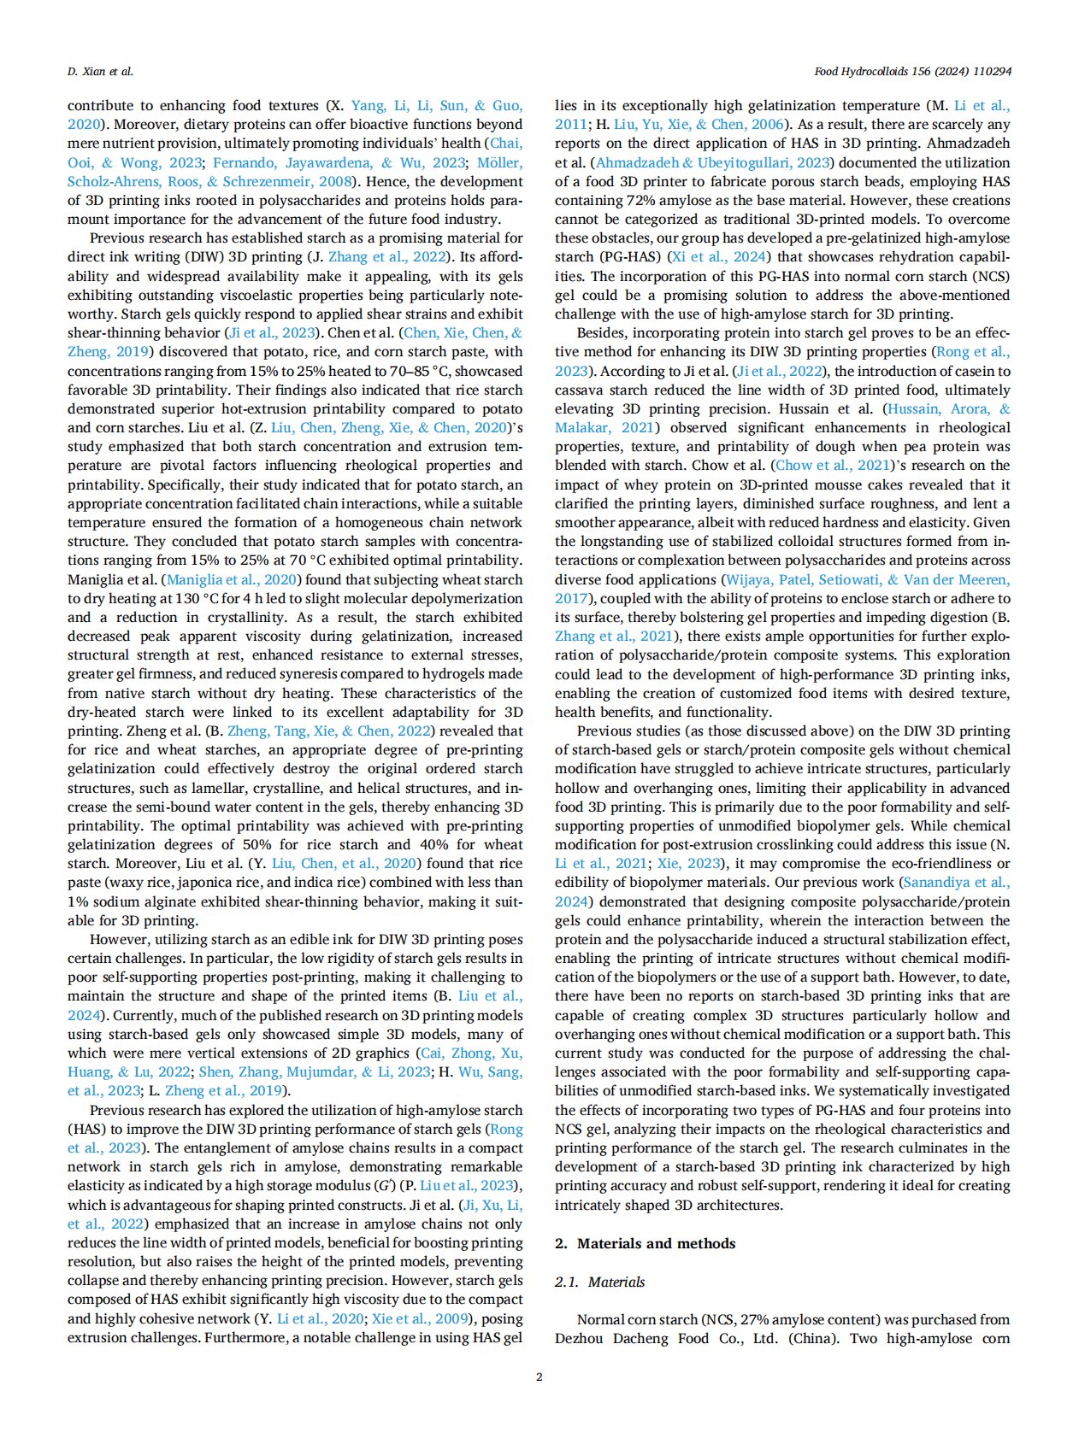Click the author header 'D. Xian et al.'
[x=100, y=72]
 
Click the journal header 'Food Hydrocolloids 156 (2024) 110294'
[x=912, y=72]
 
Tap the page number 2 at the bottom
[x=539, y=1376]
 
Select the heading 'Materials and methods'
[x=656, y=1243]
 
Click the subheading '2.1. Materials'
[x=599, y=1282]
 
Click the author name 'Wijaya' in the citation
[x=749, y=579]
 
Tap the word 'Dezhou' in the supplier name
[x=580, y=1338]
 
